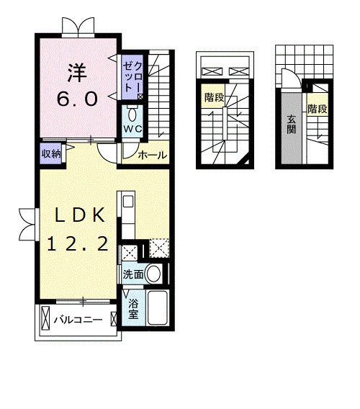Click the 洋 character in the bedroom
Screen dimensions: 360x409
click(x=77, y=73)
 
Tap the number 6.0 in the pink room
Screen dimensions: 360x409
click(x=78, y=99)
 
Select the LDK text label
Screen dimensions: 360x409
click(x=80, y=215)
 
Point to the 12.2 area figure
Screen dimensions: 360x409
click(x=78, y=243)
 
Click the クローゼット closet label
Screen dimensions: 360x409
click(x=132, y=78)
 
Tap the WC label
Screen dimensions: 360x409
click(x=132, y=129)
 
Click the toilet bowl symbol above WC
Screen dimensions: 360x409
click(x=132, y=114)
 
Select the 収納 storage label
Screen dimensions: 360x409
click(x=51, y=153)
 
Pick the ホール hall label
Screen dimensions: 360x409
click(x=153, y=156)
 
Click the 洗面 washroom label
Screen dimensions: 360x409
click(x=133, y=274)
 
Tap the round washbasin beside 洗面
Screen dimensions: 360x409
click(x=153, y=274)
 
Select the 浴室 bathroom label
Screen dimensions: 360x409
click(x=133, y=309)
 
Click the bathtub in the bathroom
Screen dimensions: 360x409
click(x=157, y=307)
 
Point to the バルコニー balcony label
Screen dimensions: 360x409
click(x=78, y=320)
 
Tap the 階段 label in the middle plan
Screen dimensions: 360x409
click(x=214, y=97)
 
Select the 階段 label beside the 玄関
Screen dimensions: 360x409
click(x=318, y=109)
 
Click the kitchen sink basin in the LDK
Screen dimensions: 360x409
click(x=128, y=202)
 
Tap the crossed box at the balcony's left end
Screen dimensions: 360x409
click(x=45, y=318)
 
